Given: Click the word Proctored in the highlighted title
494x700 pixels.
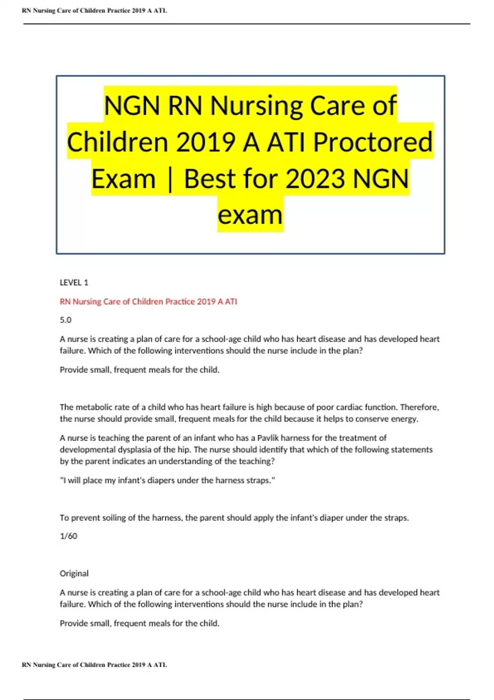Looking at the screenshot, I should [373, 142].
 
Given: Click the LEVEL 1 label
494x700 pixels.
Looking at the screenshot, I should [74, 282].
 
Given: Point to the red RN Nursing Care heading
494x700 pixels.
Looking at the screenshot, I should [148, 301].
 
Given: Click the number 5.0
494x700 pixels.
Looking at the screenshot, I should [65, 320].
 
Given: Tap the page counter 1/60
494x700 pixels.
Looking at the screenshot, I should [68, 536].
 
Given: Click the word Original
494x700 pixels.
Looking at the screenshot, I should [74, 574].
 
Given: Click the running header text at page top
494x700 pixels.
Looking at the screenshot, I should [94, 11].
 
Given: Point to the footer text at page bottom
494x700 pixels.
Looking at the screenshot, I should [94, 665].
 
